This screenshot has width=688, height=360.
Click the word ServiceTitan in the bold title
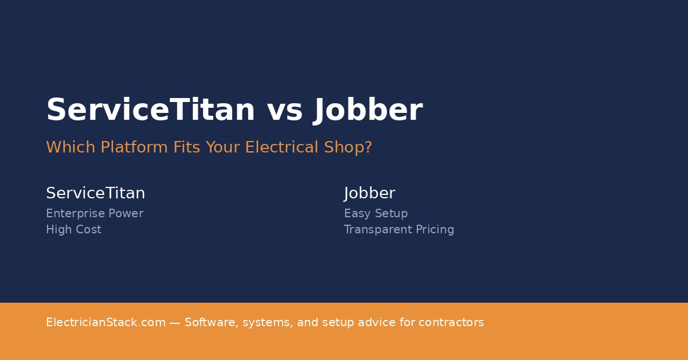point(150,110)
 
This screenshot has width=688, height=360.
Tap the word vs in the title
point(284,110)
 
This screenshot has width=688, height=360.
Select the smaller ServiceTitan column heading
point(95,193)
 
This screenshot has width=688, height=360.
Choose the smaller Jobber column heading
point(369,193)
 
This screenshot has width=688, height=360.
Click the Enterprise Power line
point(95,214)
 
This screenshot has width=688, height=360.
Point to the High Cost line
point(73,230)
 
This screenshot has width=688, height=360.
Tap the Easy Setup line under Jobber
point(376,214)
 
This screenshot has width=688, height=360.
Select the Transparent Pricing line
point(398,230)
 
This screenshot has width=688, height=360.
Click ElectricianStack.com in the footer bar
point(105,323)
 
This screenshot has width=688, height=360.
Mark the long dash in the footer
point(175,323)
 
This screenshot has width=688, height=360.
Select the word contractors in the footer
point(451,323)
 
